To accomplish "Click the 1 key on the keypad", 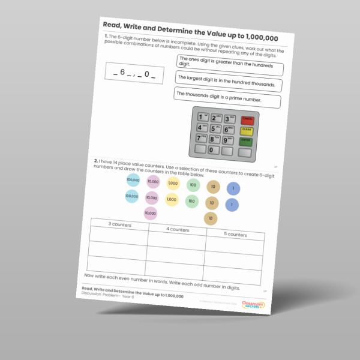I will click(x=202, y=116).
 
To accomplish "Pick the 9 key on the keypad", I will click(x=227, y=140).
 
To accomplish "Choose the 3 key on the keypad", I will click(x=229, y=119).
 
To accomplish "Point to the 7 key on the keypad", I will click(x=200, y=138).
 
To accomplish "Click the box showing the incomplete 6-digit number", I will click(x=134, y=73).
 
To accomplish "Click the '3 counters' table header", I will click(x=119, y=224).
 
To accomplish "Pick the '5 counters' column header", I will click(x=235, y=235).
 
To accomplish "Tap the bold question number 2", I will click(x=95, y=161).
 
